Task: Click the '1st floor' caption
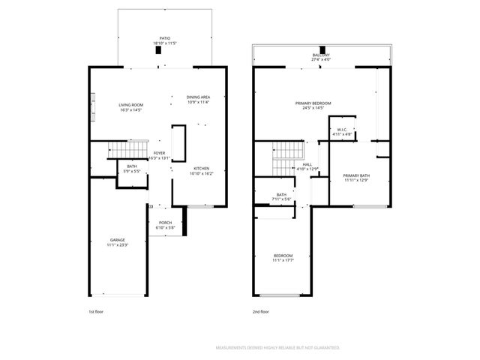97,311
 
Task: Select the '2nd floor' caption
261,311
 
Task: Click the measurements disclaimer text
277,348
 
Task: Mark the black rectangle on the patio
157,50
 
